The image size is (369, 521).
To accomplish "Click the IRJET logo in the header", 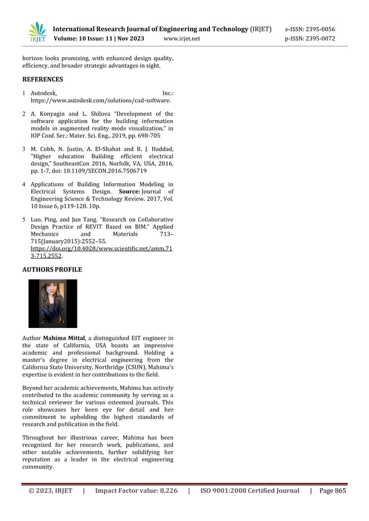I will click(x=38, y=32).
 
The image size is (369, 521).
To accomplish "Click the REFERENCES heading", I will click(x=42, y=79).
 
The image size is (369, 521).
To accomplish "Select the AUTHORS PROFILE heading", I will click(x=52, y=270).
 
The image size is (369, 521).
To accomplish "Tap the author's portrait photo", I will click(x=53, y=303).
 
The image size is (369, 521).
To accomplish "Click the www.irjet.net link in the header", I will click(x=182, y=39).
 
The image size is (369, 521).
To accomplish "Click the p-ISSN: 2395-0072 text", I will click(x=309, y=39).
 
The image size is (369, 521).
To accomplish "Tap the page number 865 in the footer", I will click(x=339, y=491).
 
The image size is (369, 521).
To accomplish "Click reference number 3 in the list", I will click(x=24, y=149).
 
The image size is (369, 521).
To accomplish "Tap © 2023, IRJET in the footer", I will click(x=51, y=491).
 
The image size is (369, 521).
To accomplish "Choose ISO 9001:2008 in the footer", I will click(x=222, y=491).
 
